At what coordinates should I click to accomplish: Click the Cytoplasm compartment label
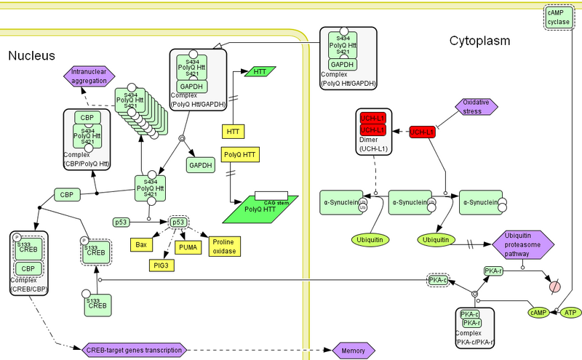(x=479, y=41)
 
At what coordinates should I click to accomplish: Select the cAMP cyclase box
(x=559, y=17)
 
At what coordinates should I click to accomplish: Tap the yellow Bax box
(x=142, y=244)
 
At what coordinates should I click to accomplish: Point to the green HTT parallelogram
(x=259, y=71)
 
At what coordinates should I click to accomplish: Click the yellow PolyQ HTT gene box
(x=241, y=155)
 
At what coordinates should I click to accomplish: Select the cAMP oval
(x=538, y=312)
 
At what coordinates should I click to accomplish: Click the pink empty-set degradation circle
(x=555, y=286)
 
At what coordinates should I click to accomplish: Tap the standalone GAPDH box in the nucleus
(x=200, y=165)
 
